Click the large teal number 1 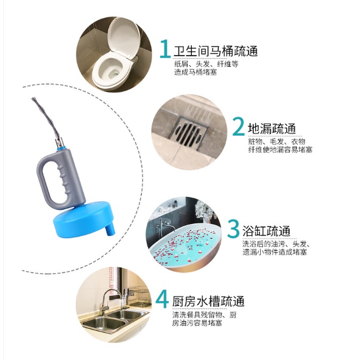point(165,49)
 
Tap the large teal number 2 point(239,126)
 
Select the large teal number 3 point(233,229)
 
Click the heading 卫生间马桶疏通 point(216,51)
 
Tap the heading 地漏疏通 point(272,129)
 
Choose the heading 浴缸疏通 point(267,231)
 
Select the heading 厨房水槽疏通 point(208,301)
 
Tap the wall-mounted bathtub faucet point(166,225)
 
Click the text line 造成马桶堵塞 point(195,72)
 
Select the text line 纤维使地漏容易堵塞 point(280,150)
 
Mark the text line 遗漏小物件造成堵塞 point(275,252)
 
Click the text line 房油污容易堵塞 point(197,323)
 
